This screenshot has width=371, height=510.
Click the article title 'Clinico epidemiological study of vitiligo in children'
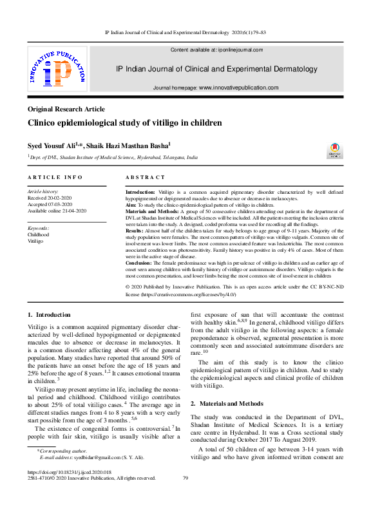pos(125,122)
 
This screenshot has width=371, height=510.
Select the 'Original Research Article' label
pos(66,109)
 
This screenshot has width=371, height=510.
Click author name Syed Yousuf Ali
pos(55,146)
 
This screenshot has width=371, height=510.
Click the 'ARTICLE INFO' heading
pos(55,177)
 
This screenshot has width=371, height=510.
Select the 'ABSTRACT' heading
pos(145,177)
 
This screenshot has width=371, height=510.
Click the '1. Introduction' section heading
pos(49,314)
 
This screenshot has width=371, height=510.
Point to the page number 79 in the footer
pos(185,478)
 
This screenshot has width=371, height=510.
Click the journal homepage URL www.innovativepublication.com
pos(238,88)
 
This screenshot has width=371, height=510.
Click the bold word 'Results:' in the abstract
pos(134,230)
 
